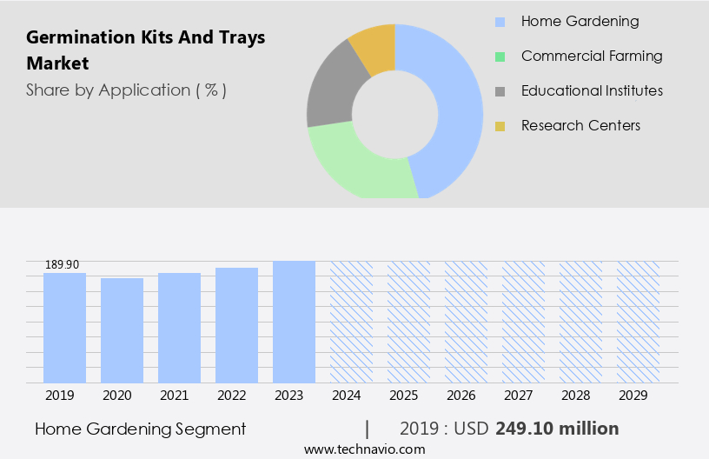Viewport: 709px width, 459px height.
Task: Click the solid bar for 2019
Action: [x=64, y=328]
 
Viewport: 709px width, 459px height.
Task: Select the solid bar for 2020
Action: [x=122, y=330]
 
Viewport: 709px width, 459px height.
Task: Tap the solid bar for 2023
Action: [x=294, y=322]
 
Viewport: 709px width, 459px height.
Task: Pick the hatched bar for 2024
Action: [x=351, y=322]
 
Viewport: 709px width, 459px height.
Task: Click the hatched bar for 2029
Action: [x=638, y=322]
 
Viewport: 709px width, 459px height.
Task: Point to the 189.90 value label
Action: [x=61, y=264]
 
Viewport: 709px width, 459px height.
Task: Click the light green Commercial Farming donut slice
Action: [x=356, y=165]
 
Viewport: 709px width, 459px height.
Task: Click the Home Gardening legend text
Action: [x=580, y=22]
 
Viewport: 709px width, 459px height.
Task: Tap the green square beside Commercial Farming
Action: [x=500, y=57]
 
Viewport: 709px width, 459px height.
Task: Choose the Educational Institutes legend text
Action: [x=592, y=90]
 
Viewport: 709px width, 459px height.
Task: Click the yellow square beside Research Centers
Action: [x=500, y=126]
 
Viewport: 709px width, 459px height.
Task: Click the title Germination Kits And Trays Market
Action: [x=145, y=50]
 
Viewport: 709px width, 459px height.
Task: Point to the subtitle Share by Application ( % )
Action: [x=126, y=90]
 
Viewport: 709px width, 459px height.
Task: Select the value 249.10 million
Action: [x=557, y=429]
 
